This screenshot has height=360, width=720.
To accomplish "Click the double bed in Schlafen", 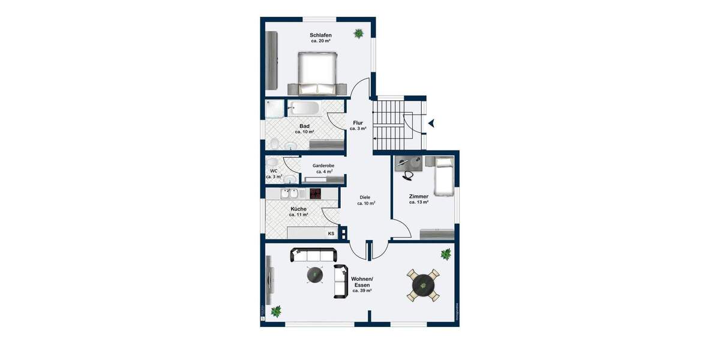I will click(318, 73).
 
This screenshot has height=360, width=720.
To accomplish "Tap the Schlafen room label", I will click(321, 35).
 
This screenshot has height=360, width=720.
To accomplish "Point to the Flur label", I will click(358, 123).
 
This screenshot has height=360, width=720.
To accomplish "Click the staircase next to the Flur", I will click(392, 125).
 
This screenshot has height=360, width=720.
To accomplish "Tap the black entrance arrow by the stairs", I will click(432, 124).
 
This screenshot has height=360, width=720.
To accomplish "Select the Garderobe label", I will click(323, 166).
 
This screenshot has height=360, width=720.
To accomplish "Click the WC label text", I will click(274, 171).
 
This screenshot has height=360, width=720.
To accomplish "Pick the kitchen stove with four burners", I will click(315, 193).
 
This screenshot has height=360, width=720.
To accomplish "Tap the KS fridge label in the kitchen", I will click(331, 233).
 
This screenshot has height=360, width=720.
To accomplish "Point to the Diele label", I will click(365, 197).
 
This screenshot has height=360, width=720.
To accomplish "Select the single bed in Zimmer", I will click(443, 175).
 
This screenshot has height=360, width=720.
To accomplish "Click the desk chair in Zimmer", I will click(409, 175).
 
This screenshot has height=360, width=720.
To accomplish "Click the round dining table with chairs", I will click(424, 284).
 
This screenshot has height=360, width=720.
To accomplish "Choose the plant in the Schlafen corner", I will click(359, 33).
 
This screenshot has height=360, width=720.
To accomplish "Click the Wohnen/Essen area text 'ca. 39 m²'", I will click(362, 290).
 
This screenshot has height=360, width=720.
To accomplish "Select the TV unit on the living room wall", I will click(269, 280).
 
